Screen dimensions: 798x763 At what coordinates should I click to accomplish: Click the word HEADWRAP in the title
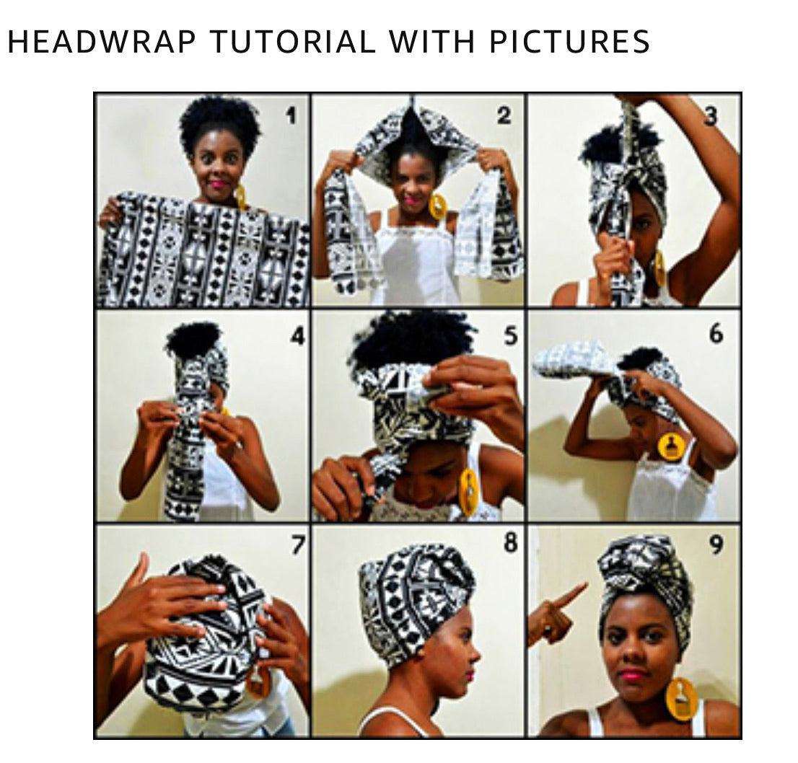click(x=102, y=42)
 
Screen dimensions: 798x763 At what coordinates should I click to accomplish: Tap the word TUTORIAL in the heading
click(x=293, y=42)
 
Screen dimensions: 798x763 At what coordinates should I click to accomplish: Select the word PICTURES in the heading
click(x=569, y=42)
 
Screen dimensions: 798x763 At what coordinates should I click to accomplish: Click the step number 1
click(x=291, y=117)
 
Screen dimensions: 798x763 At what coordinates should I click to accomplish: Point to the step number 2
click(x=504, y=115)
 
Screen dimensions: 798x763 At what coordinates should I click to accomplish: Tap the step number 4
click(x=297, y=336)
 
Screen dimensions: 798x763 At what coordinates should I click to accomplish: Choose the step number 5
click(x=510, y=336)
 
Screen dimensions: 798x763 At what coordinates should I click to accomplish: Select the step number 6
click(x=716, y=334)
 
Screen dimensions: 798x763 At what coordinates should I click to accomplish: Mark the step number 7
click(x=298, y=544)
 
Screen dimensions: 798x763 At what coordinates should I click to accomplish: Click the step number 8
click(x=510, y=543)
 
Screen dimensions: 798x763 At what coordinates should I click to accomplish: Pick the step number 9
click(x=716, y=545)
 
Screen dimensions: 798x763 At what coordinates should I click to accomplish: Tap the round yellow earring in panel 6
click(x=672, y=446)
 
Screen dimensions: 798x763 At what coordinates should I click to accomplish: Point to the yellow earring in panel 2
click(x=437, y=206)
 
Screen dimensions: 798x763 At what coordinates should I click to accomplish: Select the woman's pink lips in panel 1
click(x=219, y=184)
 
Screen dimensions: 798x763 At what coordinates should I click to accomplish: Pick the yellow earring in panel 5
click(x=469, y=492)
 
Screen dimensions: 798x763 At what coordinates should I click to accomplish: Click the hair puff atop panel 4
click(x=194, y=339)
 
